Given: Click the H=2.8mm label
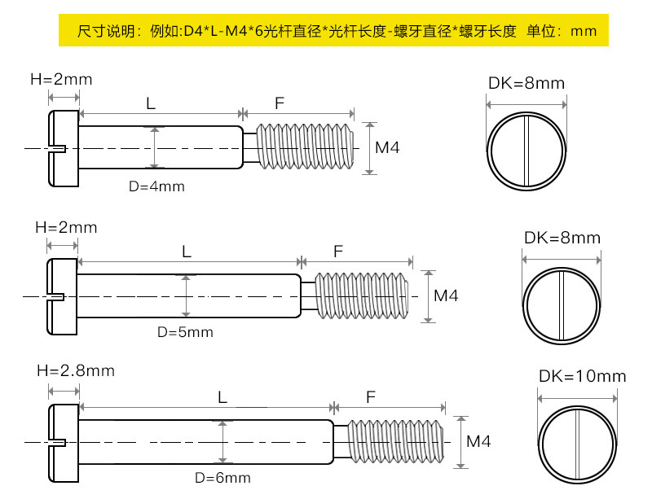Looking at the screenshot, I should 76,370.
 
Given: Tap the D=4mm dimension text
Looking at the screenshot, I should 156,186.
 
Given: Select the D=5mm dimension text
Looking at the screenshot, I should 185,332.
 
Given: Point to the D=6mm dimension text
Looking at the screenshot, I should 222,478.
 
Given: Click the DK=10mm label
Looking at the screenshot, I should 582,376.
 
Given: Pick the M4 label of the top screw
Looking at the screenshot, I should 387,148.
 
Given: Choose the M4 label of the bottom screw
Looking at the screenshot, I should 478,441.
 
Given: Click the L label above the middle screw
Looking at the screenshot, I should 187,252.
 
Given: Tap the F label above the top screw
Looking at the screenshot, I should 279,103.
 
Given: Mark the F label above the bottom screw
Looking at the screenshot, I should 371,397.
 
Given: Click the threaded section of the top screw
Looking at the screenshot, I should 305,147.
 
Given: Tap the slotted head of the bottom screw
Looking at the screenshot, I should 64,442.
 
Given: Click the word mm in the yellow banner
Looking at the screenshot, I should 584,32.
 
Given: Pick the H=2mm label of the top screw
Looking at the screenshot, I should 61,80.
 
